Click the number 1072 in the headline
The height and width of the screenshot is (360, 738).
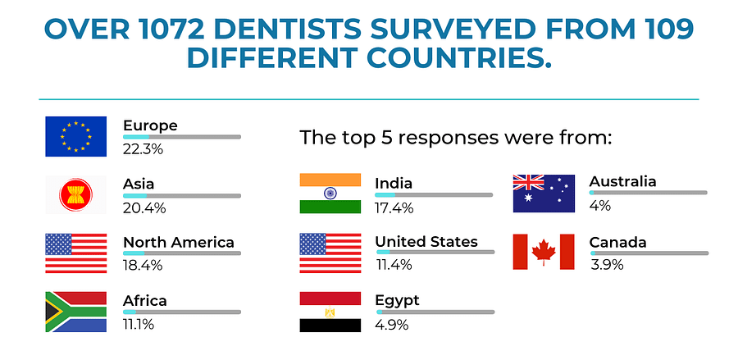172,30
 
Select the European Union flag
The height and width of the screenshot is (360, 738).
75,136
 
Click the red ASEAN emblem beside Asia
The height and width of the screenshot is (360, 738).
75,195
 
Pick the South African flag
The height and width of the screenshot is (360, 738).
75,312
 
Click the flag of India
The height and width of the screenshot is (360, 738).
330,193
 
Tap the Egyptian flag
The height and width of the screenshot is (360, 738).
330,312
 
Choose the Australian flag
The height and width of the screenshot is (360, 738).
544,193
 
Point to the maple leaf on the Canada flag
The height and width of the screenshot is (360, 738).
544,252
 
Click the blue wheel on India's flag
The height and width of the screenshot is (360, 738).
330,193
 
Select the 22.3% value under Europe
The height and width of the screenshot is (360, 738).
143,149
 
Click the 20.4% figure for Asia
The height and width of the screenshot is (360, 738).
144,208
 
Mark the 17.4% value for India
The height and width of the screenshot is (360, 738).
394,207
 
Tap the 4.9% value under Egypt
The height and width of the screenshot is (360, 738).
392,325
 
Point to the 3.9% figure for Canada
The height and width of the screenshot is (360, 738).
607,265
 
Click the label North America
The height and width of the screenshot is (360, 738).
179,243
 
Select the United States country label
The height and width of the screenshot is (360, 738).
426,242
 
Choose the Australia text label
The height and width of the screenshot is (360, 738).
622,182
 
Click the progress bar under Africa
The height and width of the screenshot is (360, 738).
182,312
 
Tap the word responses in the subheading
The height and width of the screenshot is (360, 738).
438,138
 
